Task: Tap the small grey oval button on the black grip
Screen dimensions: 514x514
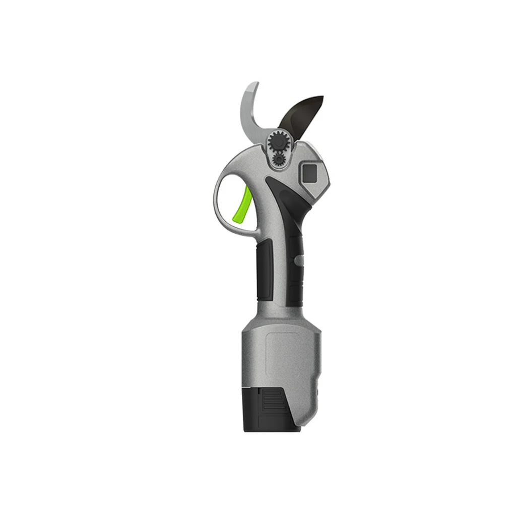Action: [x=298, y=261]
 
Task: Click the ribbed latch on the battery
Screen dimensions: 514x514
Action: [x=273, y=402]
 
